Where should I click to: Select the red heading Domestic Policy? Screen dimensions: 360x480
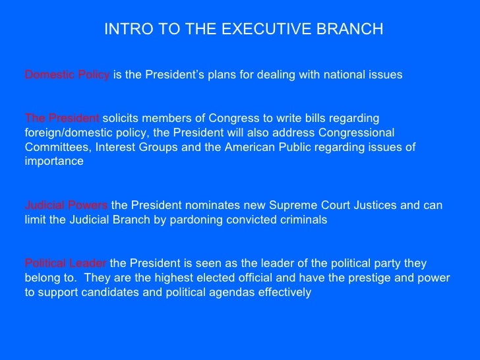67,75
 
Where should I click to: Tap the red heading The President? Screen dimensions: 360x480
62,118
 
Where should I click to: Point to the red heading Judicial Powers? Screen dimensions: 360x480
66,205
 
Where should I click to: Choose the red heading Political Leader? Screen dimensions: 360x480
66,263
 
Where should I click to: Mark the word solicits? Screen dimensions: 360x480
122,118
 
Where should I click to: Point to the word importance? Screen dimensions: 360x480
54,162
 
